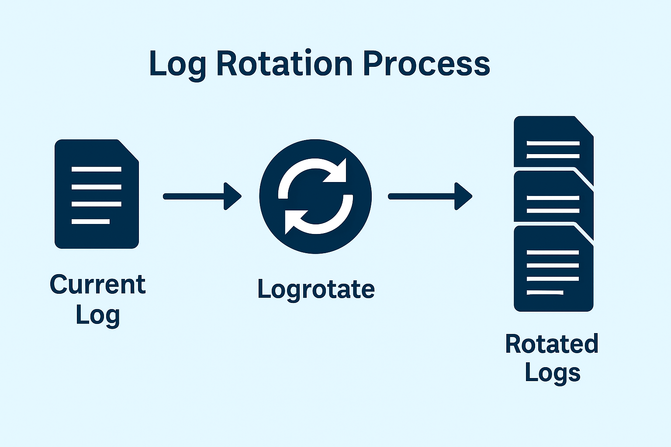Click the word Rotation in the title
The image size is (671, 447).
pos(284,63)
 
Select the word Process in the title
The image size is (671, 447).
pos(426,63)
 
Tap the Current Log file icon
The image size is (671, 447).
pos(97,194)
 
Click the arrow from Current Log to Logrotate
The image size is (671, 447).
pos(202,196)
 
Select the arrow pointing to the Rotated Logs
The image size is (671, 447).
pos(430,196)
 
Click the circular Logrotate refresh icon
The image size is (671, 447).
pos(315,196)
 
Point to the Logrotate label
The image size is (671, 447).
pos(316,289)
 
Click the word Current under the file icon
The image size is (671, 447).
pos(98,284)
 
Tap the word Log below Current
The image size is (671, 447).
pos(98,316)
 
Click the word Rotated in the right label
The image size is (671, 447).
pos(552,344)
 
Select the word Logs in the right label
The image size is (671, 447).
pos(553,373)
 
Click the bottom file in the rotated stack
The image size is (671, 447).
pos(553,268)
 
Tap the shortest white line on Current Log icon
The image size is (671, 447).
pos(90,222)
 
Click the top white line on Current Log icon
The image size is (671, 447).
pos(97,169)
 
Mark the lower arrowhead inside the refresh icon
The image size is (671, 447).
pos(295,222)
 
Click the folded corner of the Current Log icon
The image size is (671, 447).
pos(129,150)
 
